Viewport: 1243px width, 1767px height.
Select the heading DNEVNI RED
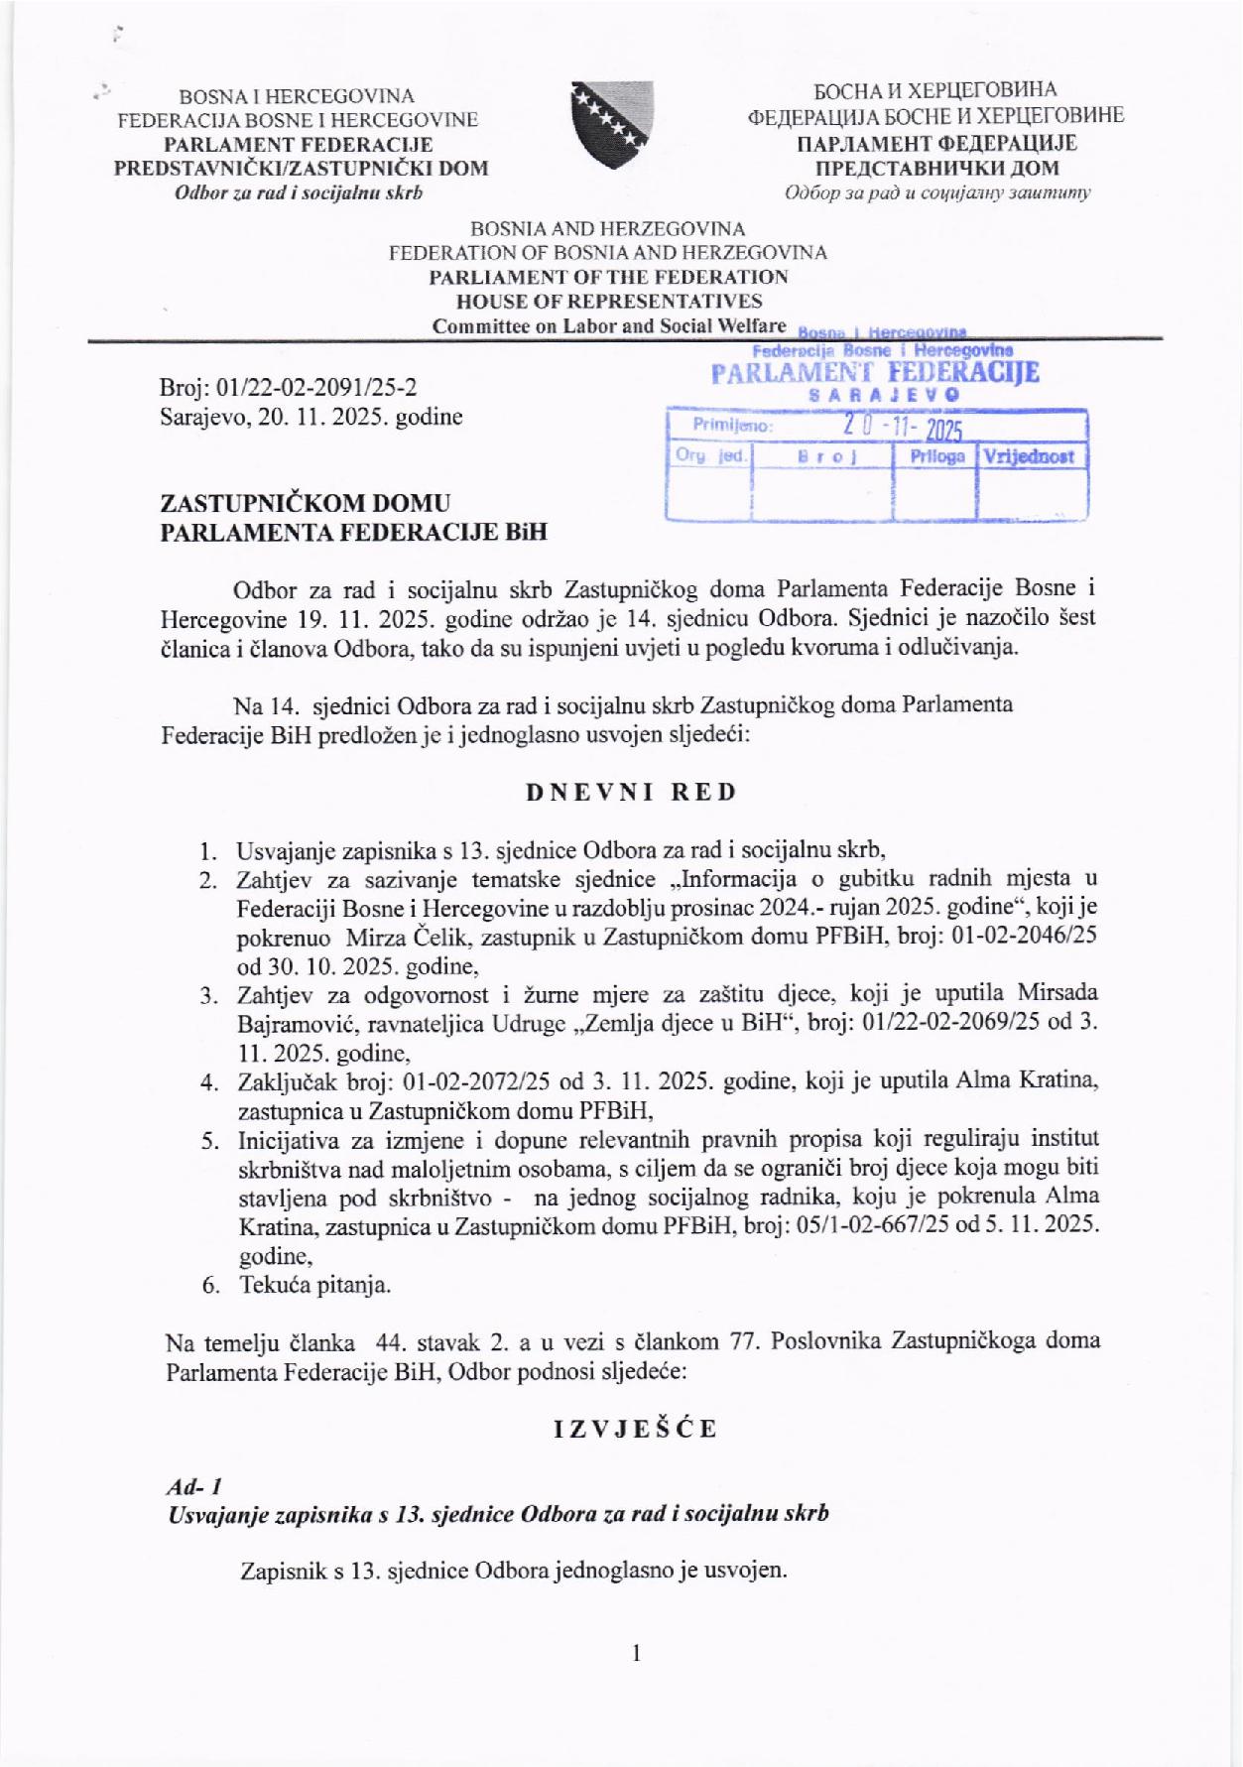(x=631, y=792)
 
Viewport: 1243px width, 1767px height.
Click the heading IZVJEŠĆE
(x=635, y=1429)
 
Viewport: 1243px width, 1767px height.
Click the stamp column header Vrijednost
(x=1032, y=457)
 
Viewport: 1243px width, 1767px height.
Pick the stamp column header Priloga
(x=935, y=457)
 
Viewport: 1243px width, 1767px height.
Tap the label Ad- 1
(x=193, y=1487)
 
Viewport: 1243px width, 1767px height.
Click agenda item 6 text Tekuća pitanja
(x=314, y=1285)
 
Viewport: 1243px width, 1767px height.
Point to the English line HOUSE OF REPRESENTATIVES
(x=608, y=301)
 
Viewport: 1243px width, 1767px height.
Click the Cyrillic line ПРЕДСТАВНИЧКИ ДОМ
(x=935, y=168)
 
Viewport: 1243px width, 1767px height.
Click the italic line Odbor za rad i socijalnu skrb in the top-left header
(x=299, y=192)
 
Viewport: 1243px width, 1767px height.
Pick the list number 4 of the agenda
(x=208, y=1082)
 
